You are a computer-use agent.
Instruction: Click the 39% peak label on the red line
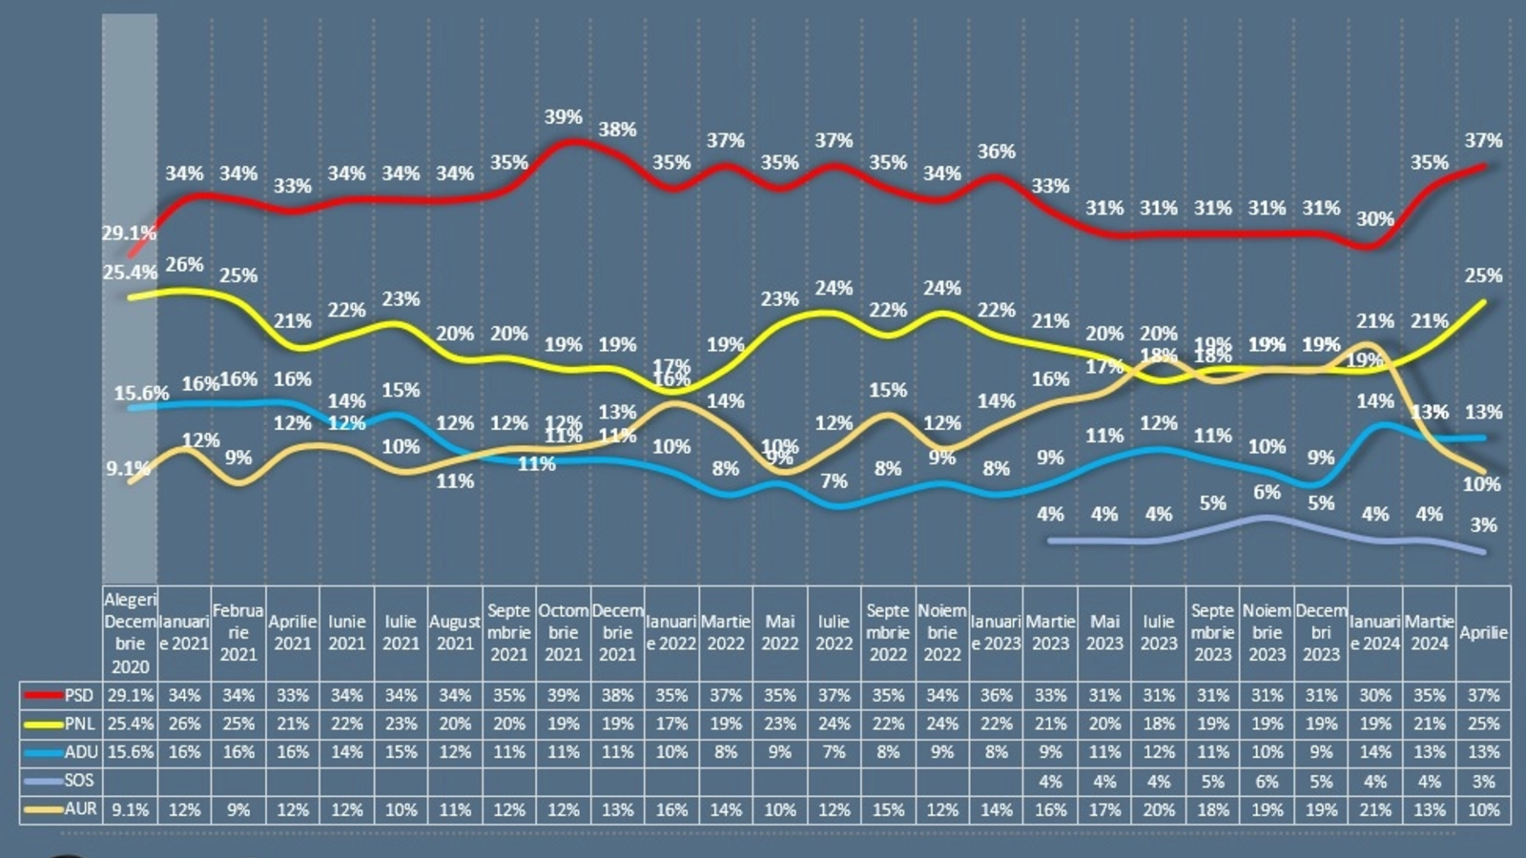pos(563,117)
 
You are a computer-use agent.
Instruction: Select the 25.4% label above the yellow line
pos(130,273)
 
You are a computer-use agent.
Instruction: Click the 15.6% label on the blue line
pos(141,393)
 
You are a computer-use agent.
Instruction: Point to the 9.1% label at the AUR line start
pos(127,468)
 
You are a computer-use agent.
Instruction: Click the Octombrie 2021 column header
pos(563,632)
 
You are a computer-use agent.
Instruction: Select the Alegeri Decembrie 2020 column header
pos(130,632)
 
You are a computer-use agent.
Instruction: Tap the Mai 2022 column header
pos(779,632)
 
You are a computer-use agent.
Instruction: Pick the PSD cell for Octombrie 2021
pos(563,695)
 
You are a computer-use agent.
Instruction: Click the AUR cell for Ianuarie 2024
pos(1374,809)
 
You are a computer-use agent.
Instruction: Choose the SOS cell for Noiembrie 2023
pos(1267,781)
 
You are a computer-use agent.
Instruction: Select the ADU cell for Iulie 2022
pos(834,752)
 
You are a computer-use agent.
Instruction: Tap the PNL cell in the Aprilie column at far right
pos(1483,724)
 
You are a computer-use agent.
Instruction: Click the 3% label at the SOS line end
pos(1483,525)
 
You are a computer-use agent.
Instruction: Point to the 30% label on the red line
pos(1374,219)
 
